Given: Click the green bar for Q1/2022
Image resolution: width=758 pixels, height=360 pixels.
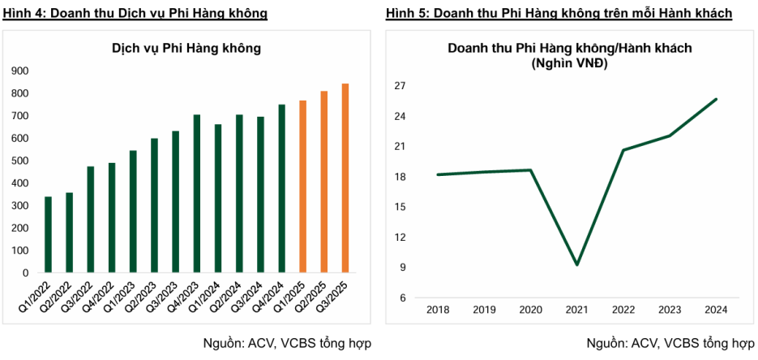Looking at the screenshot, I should [x=48, y=234].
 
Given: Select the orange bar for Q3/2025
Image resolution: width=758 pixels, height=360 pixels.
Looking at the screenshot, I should [x=345, y=178].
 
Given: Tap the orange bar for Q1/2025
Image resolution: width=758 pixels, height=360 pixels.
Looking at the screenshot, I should [x=302, y=186].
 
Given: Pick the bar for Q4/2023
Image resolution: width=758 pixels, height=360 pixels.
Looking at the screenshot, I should [x=196, y=194].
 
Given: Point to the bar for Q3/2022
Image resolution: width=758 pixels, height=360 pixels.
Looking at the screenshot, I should [x=91, y=220].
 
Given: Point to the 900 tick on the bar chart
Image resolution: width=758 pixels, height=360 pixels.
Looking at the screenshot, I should [x=19, y=71].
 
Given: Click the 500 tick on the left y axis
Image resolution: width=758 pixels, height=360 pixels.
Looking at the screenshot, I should [x=19, y=161].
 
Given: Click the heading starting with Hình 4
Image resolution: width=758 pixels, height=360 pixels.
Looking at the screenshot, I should [x=135, y=14].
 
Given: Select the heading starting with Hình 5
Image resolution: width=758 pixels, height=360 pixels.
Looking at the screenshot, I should [x=559, y=14].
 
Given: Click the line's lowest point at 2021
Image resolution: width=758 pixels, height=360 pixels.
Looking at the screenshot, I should [x=576, y=265].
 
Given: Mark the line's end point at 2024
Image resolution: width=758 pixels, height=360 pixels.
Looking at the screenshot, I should [x=717, y=99].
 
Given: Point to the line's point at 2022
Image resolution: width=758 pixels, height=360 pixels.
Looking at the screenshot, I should [x=623, y=150].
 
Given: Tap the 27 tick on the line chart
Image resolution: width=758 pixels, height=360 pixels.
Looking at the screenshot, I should [x=400, y=86].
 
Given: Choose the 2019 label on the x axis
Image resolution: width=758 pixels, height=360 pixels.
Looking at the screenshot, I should [x=483, y=311].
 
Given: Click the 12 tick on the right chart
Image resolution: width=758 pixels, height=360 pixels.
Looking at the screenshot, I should [x=400, y=238].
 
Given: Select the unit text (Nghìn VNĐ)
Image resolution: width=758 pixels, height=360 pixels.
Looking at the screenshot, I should [x=570, y=62].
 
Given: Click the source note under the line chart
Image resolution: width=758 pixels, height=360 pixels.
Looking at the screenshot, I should [x=670, y=343].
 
